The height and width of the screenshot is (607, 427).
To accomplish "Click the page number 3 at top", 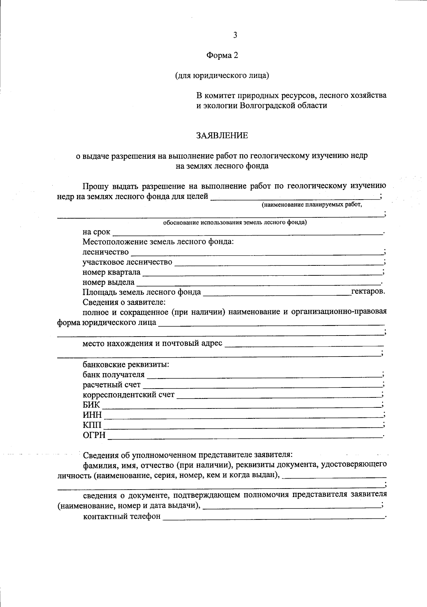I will tap(234, 35).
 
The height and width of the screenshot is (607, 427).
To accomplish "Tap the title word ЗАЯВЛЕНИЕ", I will tap(222, 136).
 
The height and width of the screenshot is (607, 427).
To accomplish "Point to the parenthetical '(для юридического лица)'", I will tap(222, 75).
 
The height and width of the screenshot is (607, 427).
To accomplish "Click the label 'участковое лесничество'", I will tap(127, 263).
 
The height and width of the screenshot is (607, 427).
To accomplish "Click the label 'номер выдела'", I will tap(108, 283).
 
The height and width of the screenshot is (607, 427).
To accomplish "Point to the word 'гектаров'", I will tap(368, 292).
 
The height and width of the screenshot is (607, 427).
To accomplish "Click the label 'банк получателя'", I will tap(114, 375).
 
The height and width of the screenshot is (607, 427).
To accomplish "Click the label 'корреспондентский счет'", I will tap(128, 395).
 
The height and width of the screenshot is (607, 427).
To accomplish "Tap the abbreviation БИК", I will tap(91, 405).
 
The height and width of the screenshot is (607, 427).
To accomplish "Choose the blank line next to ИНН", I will tap(242, 416).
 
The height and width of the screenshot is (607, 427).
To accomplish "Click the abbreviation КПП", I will tap(92, 425).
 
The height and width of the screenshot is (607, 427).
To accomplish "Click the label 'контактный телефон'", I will tap(121, 516).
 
